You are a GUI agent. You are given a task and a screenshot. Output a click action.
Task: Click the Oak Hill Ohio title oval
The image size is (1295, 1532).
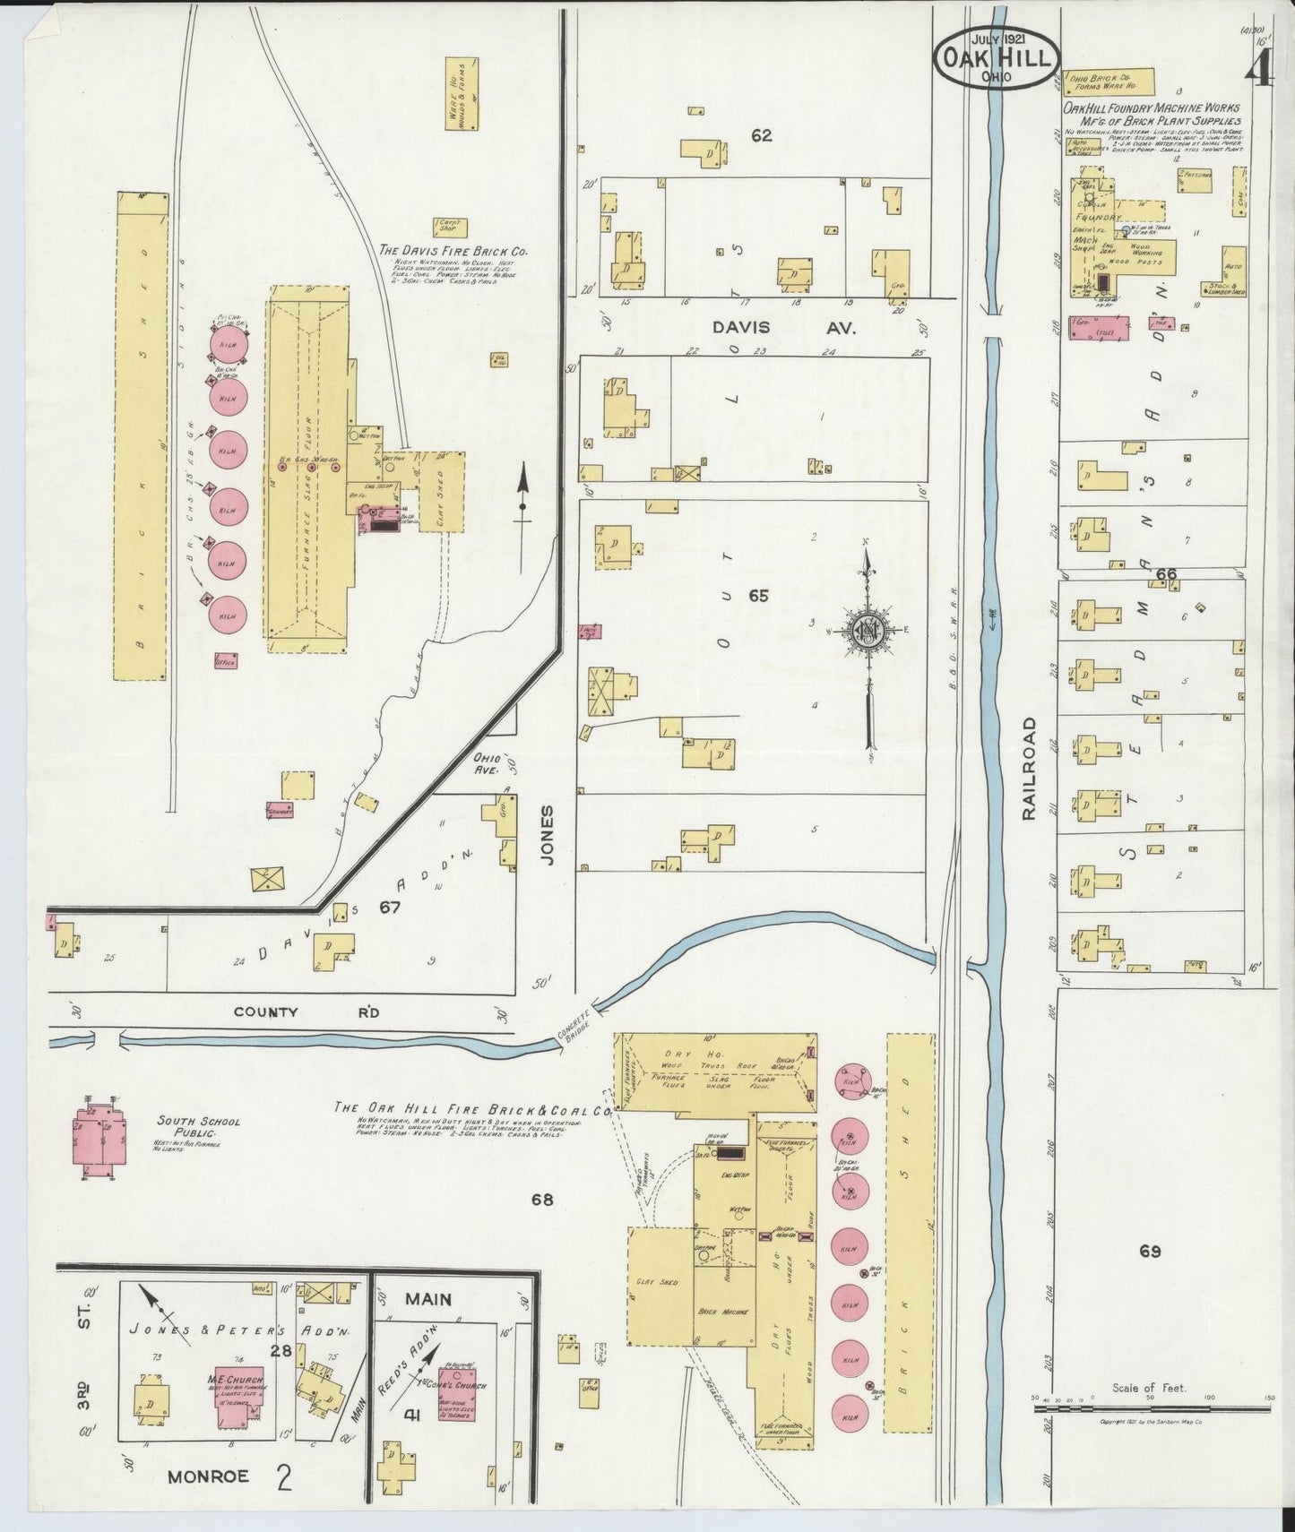(996, 56)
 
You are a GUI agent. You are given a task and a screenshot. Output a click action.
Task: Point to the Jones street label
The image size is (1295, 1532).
(548, 833)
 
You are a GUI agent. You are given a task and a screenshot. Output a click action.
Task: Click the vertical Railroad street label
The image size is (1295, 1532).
(1028, 767)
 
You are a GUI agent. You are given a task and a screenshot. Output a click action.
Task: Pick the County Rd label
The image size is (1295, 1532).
(306, 1012)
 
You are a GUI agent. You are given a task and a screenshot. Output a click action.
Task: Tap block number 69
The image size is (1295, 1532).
(1150, 1251)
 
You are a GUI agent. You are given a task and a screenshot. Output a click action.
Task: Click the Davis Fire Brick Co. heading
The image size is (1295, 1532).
(453, 252)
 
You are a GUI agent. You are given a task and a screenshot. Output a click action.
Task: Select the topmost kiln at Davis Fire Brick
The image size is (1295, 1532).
(228, 345)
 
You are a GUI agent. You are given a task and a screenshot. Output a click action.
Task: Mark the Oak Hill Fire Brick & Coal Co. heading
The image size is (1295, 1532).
(472, 1107)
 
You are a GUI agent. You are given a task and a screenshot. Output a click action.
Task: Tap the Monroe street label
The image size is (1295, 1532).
(207, 1476)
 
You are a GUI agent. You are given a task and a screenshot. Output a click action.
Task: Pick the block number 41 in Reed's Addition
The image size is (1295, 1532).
(411, 1416)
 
